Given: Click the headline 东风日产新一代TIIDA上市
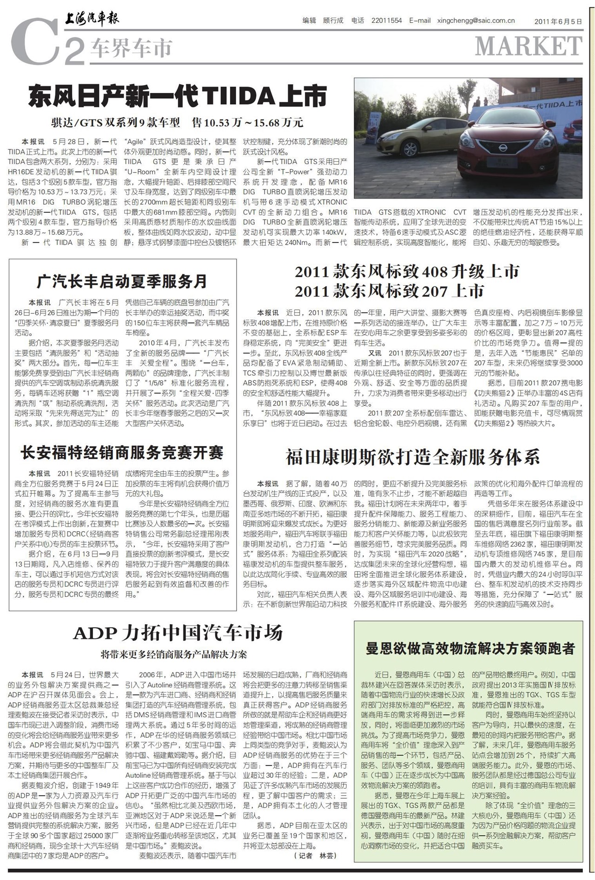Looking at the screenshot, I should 178,96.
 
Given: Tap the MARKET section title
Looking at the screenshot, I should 529,46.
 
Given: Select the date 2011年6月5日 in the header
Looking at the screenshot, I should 558,21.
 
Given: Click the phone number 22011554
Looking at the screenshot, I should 386,20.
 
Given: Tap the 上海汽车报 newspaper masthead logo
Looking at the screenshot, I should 92,19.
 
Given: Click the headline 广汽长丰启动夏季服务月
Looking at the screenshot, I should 122,281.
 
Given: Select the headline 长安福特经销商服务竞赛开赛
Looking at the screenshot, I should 122,452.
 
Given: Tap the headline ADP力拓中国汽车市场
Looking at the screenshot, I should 178,633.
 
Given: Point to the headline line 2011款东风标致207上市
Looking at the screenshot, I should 390,291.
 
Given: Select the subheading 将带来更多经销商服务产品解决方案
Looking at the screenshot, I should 174,654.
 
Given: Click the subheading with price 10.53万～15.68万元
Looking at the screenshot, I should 177,123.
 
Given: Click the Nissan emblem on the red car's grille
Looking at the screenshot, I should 502,148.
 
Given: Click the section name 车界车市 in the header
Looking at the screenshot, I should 132,48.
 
